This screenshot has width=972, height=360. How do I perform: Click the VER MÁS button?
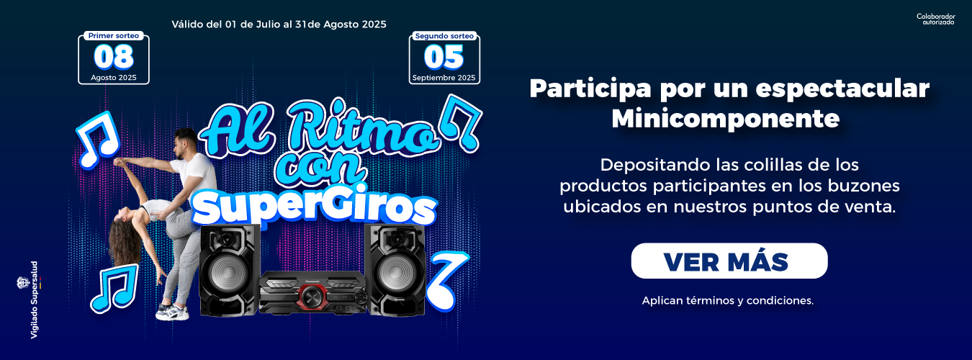pyautogui.click(x=729, y=261)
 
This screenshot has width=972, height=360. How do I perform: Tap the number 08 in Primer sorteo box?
pyautogui.click(x=114, y=57)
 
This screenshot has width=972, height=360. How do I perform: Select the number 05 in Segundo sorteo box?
pyautogui.click(x=444, y=58)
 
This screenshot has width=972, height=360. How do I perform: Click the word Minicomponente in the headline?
pyautogui.click(x=726, y=118)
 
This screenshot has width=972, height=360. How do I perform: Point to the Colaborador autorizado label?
pyautogui.click(x=935, y=19)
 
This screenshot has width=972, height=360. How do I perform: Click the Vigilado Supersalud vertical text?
pyautogui.click(x=35, y=300)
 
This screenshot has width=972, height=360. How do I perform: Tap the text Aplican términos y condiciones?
pyautogui.click(x=728, y=300)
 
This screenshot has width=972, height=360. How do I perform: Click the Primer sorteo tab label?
pyautogui.click(x=114, y=35)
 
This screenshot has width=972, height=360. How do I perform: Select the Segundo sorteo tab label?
pyautogui.click(x=444, y=36)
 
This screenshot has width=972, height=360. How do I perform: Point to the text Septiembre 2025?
pyautogui.click(x=444, y=78)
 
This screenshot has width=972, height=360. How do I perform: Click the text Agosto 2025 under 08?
pyautogui.click(x=114, y=78)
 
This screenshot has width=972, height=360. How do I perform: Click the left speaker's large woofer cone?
pyautogui.click(x=228, y=274)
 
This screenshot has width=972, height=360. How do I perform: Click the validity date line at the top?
pyautogui.click(x=279, y=24)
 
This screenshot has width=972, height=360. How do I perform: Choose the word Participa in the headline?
pyautogui.click(x=590, y=89)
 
